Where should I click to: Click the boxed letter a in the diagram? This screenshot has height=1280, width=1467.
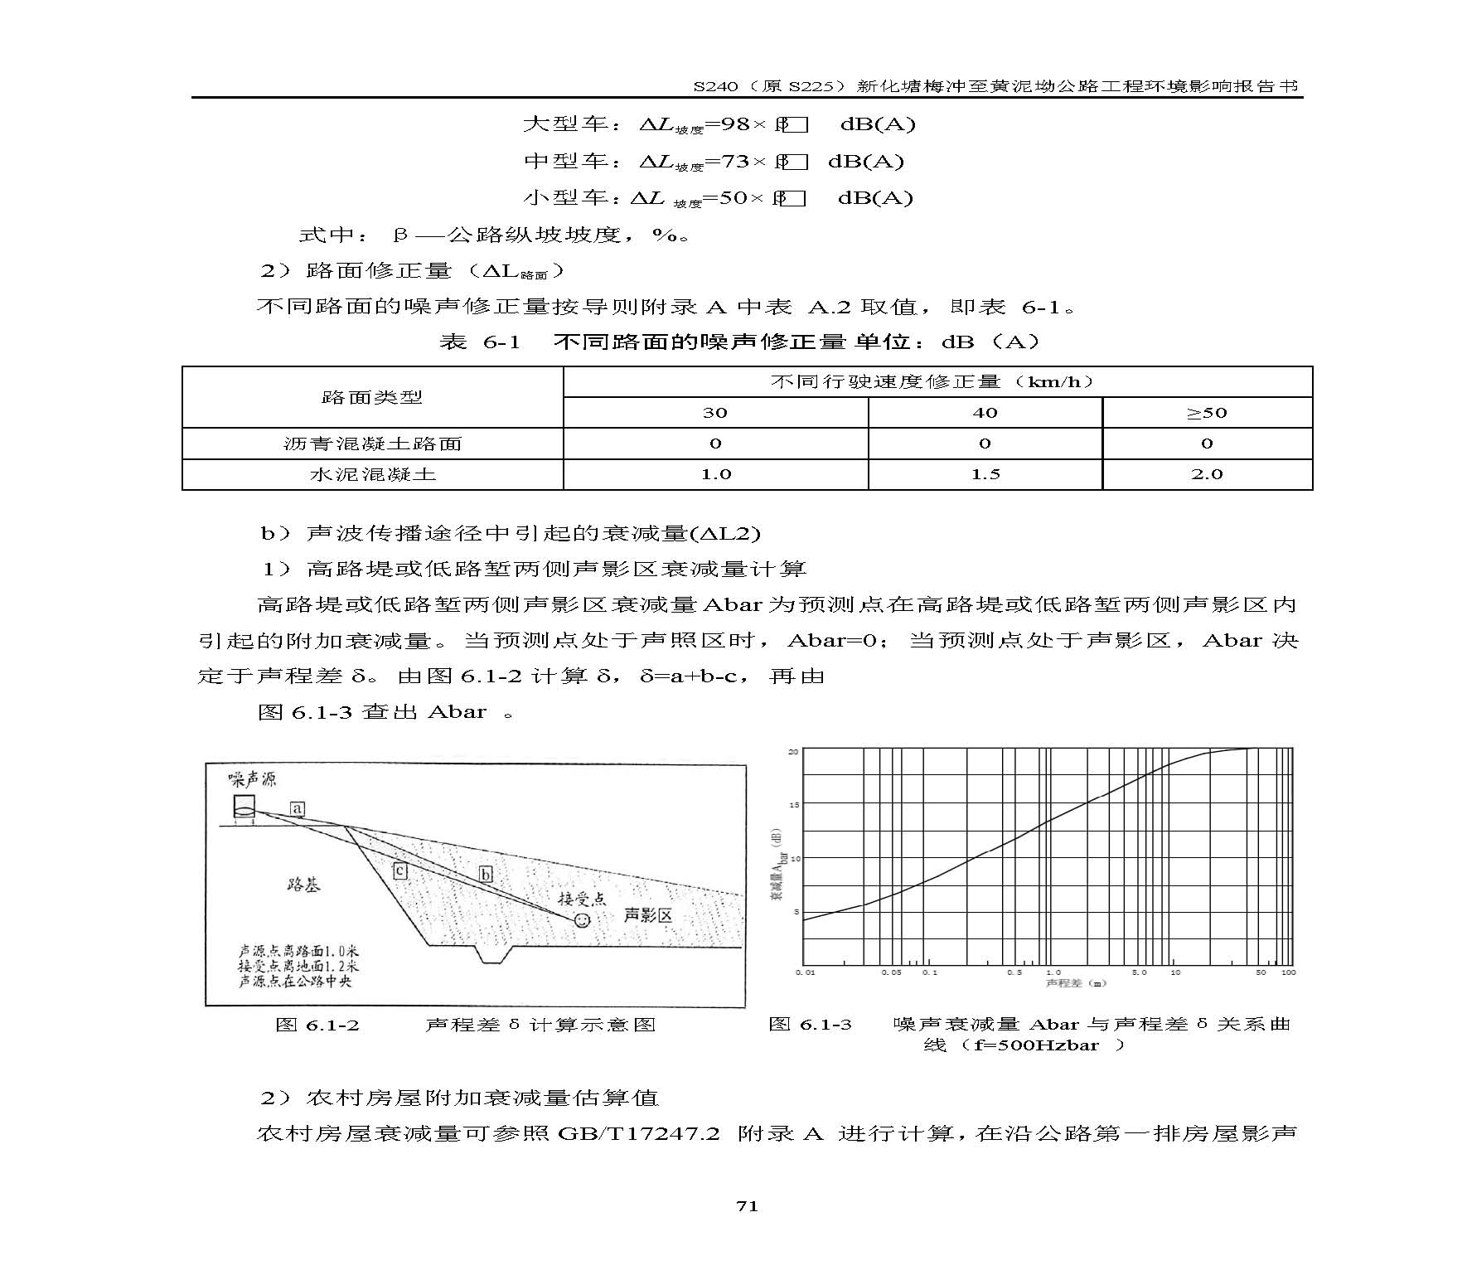(x=297, y=808)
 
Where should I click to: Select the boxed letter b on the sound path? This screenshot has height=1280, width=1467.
(x=487, y=875)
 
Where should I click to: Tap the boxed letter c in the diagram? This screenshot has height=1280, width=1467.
(x=399, y=870)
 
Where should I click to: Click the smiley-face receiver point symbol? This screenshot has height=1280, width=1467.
(x=583, y=920)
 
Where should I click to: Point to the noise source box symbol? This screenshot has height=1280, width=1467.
(x=244, y=806)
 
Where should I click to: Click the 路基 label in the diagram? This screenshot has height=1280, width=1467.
(x=303, y=885)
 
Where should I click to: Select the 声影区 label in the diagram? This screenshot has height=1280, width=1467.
(x=647, y=914)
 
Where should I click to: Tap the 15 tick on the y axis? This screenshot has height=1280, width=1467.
(x=793, y=805)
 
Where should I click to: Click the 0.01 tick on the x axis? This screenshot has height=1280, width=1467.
(x=805, y=972)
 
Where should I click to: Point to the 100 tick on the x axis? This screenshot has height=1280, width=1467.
(x=1288, y=972)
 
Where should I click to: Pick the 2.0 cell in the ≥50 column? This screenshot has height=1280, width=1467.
(x=1206, y=475)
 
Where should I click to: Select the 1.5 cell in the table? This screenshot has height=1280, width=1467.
(x=985, y=475)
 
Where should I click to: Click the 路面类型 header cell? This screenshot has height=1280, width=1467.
(x=372, y=397)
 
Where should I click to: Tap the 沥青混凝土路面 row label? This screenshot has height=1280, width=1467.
(x=372, y=444)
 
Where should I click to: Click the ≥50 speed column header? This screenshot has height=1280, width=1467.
(x=1206, y=413)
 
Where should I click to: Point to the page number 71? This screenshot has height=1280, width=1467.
(x=747, y=1206)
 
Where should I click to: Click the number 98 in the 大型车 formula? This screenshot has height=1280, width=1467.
(x=735, y=124)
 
